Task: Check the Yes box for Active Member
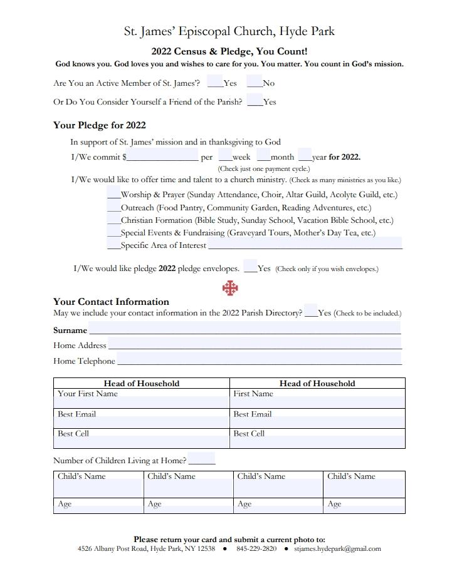tap(214, 82)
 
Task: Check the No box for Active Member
tap(254, 82)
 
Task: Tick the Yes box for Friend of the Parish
tap(254, 101)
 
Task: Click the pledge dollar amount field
tap(162, 156)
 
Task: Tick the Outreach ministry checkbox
tap(113, 207)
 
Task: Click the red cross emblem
tap(230, 288)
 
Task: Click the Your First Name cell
tap(142, 399)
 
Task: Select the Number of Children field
tap(201, 459)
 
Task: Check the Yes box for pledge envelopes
tap(250, 267)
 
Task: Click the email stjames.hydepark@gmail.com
tap(337, 549)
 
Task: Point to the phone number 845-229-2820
tap(256, 549)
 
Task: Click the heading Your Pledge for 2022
tap(99, 125)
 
